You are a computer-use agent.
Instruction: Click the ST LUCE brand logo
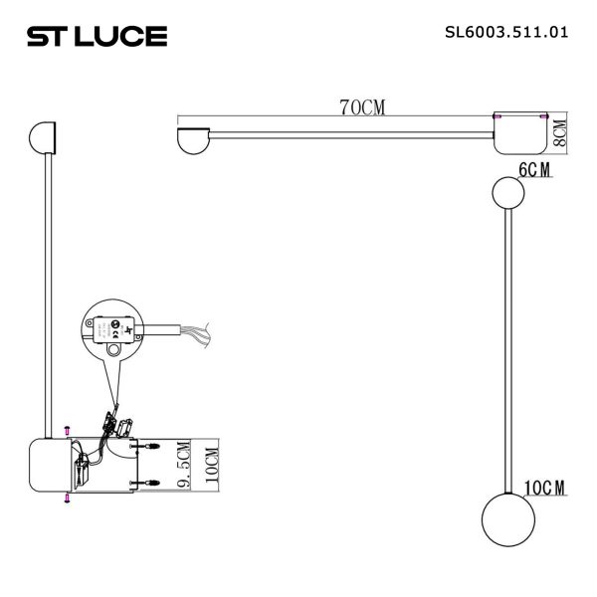[97, 37]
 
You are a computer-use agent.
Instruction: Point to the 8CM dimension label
[558, 131]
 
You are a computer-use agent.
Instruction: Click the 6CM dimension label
[534, 170]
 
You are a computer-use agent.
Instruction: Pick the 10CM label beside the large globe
[543, 488]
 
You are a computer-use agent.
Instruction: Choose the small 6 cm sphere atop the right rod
[507, 192]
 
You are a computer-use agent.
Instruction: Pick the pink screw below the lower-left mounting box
[66, 498]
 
